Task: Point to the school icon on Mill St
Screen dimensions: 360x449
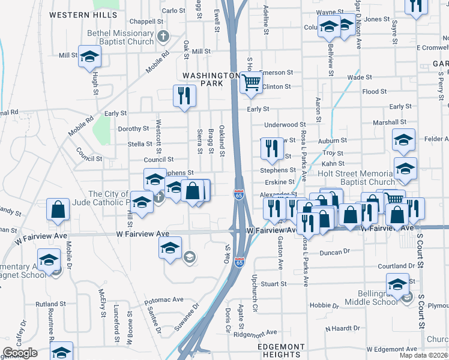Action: (89, 56)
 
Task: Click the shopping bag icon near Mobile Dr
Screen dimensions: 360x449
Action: (59, 211)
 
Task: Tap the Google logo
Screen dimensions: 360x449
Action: (20, 352)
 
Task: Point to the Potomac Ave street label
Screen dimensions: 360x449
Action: (165, 299)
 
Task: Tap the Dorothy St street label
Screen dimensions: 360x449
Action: (133, 128)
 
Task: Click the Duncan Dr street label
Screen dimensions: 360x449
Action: (334, 253)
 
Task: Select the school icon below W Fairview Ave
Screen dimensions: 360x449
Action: (170, 247)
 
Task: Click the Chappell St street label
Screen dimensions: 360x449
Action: (142, 21)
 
